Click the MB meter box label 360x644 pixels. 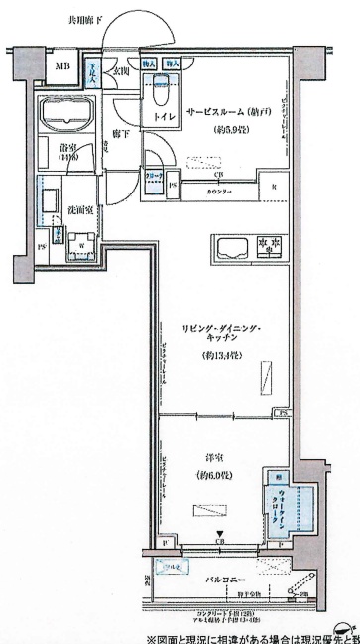[x=62, y=66]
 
